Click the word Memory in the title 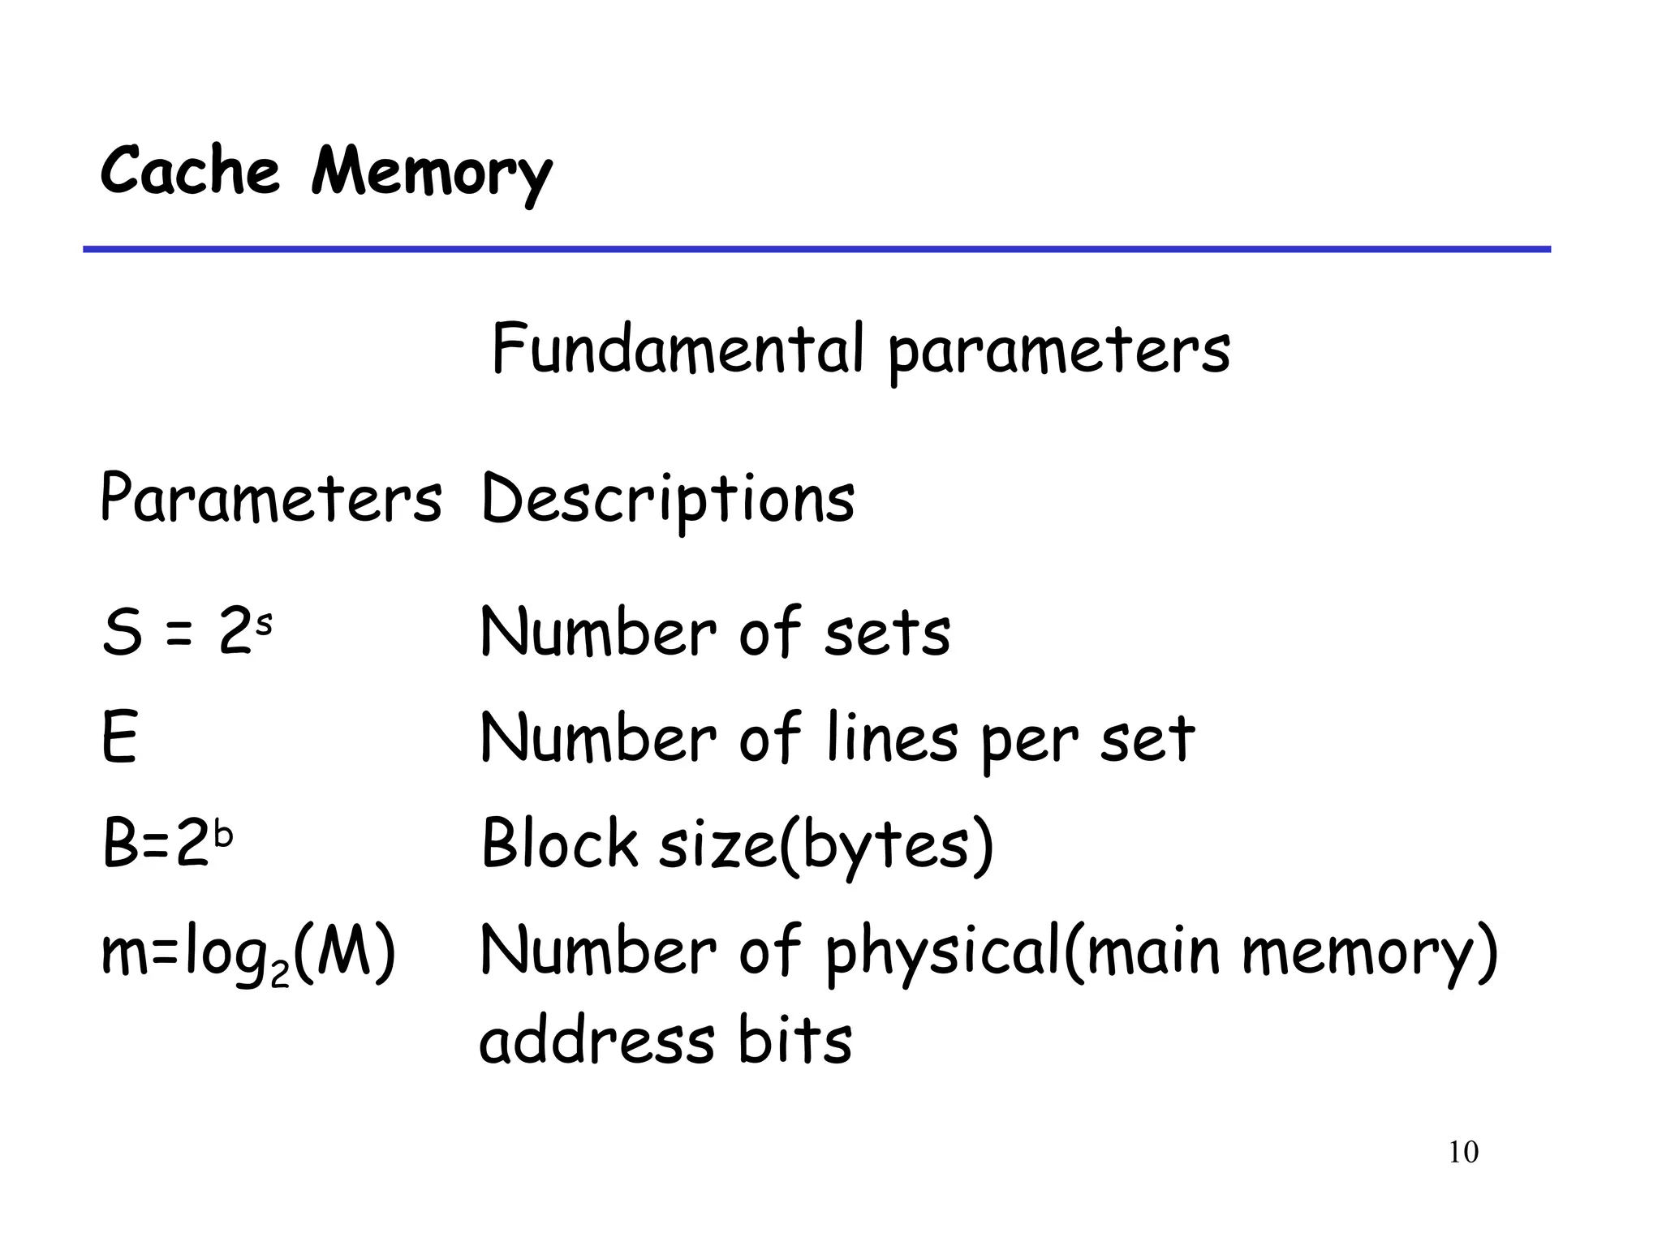pyautogui.click(x=431, y=174)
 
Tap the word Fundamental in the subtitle pyautogui.click(x=678, y=349)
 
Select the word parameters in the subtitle pyautogui.click(x=1059, y=352)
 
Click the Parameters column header pyautogui.click(x=271, y=498)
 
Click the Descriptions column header pyautogui.click(x=668, y=500)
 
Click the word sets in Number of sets pyautogui.click(x=887, y=634)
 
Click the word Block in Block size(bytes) pyautogui.click(x=560, y=844)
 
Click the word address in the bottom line pyautogui.click(x=597, y=1041)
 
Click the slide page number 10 pyautogui.click(x=1463, y=1153)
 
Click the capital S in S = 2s pyautogui.click(x=123, y=633)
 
